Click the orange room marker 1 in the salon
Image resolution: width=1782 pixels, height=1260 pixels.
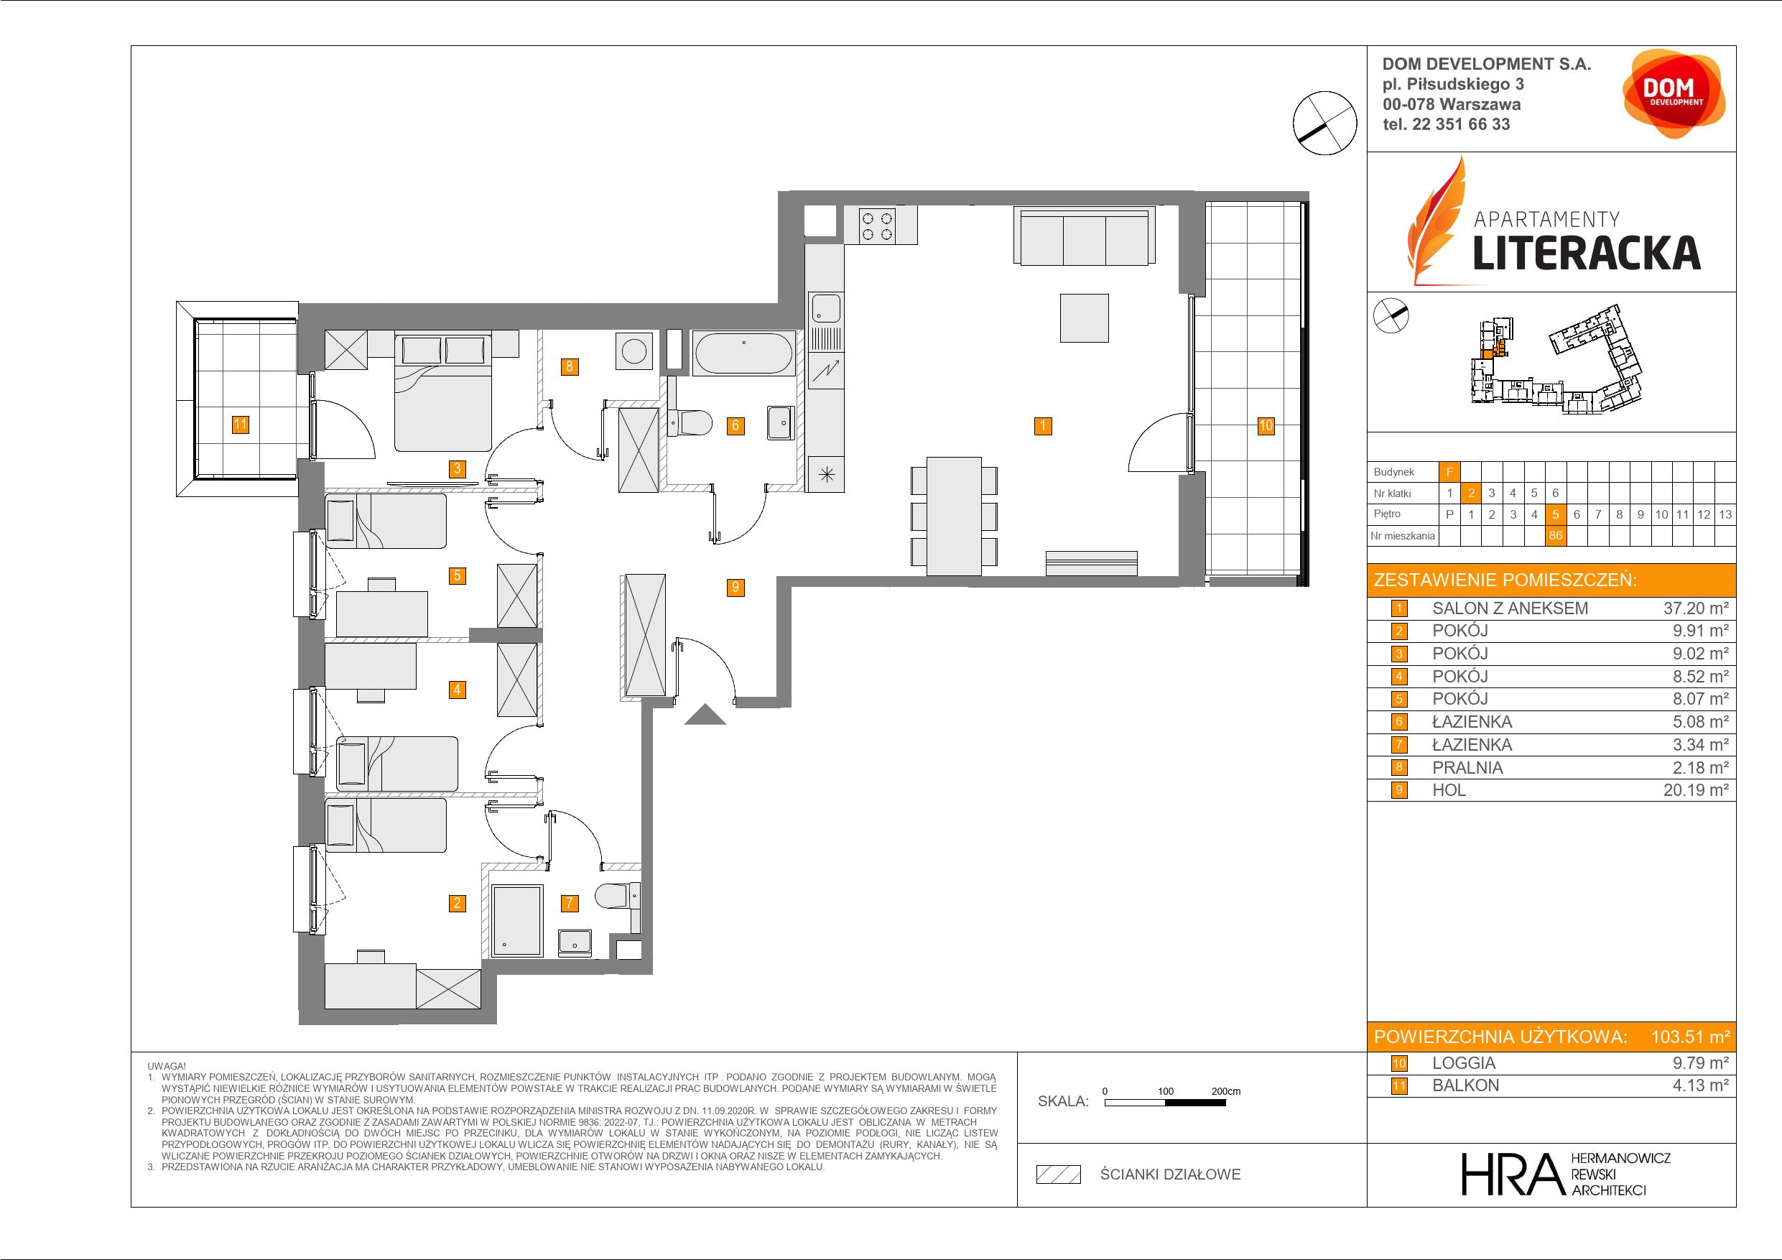[1043, 425]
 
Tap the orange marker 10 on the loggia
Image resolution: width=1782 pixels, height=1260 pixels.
[1266, 425]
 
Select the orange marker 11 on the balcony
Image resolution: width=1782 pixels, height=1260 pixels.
[241, 424]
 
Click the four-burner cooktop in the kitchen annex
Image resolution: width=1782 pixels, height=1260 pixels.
[878, 225]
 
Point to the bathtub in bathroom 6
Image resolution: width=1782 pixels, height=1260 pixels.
[743, 354]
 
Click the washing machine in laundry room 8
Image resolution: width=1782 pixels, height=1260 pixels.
[635, 351]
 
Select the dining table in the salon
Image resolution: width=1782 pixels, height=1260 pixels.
[955, 516]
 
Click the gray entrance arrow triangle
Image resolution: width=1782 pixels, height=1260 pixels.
[705, 714]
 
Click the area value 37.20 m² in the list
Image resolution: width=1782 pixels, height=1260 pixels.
[1696, 608]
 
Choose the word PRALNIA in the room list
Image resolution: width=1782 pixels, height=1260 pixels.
[1467, 768]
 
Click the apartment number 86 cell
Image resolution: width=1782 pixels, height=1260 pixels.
[1555, 536]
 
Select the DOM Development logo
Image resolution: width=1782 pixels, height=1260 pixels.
[1674, 94]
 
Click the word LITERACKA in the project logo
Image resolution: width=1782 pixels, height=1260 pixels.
[1587, 253]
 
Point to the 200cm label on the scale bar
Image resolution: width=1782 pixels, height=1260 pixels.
[1226, 1091]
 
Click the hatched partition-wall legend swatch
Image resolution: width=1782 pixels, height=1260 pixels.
[1059, 1175]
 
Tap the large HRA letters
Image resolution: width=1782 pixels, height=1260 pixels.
[1511, 1174]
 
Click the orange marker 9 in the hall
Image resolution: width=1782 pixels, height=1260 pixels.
[735, 588]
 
